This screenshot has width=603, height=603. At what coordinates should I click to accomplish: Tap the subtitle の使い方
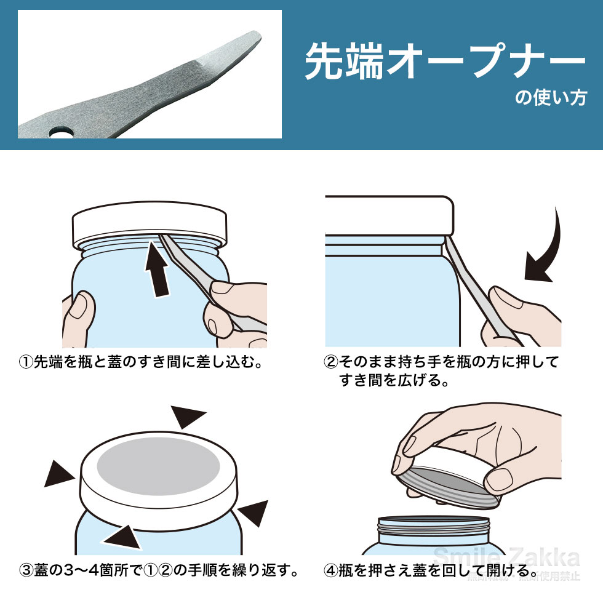point(550,98)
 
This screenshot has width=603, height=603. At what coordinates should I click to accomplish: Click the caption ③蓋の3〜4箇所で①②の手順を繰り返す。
point(159,570)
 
